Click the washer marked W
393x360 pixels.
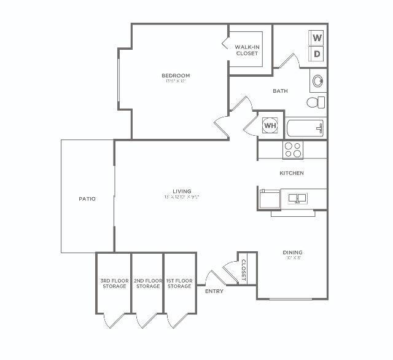(317, 38)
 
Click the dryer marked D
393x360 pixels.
(317, 54)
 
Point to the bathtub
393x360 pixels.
(305, 128)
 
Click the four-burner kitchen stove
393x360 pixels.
(292, 149)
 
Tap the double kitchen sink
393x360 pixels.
(297, 198)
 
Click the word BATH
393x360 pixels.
(280, 91)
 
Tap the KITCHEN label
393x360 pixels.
(292, 173)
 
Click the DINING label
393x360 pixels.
(292, 252)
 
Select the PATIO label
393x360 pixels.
(87, 198)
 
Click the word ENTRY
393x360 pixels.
(214, 291)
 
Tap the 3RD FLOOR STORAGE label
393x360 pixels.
(114, 283)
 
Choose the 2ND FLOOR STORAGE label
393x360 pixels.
(147, 283)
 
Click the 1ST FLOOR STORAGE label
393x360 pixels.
(179, 283)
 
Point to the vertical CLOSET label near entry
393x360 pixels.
(243, 269)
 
